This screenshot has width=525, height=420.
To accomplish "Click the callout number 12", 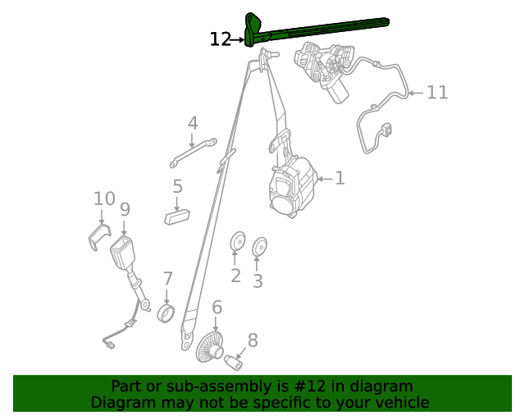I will tap(221, 39).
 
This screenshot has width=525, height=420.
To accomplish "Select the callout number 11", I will tap(437, 92).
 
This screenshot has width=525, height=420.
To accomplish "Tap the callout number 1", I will tap(340, 178).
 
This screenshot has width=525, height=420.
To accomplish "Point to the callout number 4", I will tap(193, 123).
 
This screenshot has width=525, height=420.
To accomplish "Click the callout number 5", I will tap(177, 187).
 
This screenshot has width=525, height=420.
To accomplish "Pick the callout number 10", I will tap(104, 199).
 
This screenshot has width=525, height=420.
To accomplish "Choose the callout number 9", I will tap(125, 209).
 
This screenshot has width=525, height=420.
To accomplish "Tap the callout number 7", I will tap(167, 279).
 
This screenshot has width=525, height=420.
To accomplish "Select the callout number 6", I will tap(217, 308).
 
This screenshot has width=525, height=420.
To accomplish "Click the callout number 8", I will tap(253, 340).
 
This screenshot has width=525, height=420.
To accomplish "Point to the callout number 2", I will tap(235, 276).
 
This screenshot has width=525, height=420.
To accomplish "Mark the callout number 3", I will tap(258, 281).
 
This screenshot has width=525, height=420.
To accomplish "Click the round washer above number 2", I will tap(237, 242).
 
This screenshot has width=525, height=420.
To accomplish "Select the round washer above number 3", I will tap(259, 246).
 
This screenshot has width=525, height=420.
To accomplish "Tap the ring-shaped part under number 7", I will tap(167, 314).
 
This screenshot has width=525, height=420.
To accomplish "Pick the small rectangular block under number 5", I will tap(176, 217).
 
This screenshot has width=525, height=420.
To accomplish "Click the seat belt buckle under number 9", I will tap(123, 254).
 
